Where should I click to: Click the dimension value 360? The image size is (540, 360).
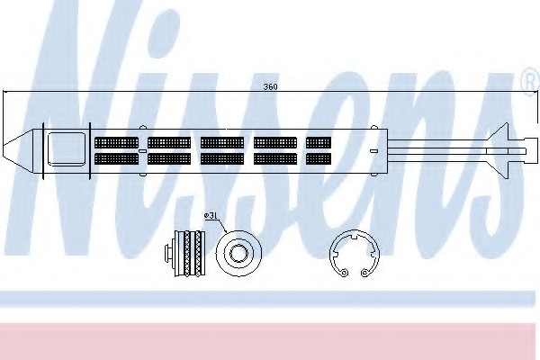270,86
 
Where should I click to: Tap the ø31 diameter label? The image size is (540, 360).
210,216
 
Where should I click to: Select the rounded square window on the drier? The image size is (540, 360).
67,148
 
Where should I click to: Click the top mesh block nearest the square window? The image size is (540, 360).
116,142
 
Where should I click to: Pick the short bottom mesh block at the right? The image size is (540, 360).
319,158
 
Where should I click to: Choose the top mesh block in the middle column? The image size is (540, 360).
222,142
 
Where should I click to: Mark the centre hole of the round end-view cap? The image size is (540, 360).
238,254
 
